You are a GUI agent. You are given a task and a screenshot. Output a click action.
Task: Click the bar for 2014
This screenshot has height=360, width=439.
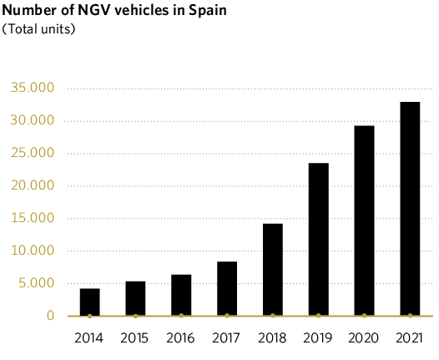(x=90, y=302)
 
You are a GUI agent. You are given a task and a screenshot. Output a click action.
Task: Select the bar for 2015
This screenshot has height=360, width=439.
(x=135, y=298)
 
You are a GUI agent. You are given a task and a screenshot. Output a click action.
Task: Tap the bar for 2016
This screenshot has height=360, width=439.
(x=181, y=295)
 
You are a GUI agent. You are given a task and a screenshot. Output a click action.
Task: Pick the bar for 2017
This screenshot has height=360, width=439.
(x=227, y=288)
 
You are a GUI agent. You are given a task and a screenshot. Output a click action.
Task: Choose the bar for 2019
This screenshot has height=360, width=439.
(x=318, y=239)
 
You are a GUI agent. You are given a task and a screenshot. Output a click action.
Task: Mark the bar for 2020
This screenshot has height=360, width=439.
(x=364, y=221)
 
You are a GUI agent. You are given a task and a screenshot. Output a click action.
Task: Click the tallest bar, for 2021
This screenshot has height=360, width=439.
(x=410, y=209)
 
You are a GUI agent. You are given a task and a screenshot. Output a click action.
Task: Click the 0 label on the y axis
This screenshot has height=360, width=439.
(x=51, y=317)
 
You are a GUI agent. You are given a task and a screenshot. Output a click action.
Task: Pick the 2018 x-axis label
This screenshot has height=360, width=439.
(x=272, y=338)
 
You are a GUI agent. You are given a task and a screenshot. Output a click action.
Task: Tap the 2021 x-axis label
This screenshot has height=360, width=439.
(x=409, y=338)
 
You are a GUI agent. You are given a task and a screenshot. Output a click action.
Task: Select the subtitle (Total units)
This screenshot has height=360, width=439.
(x=39, y=29)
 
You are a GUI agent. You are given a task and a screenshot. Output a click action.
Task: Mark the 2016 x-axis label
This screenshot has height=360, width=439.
(x=180, y=338)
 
